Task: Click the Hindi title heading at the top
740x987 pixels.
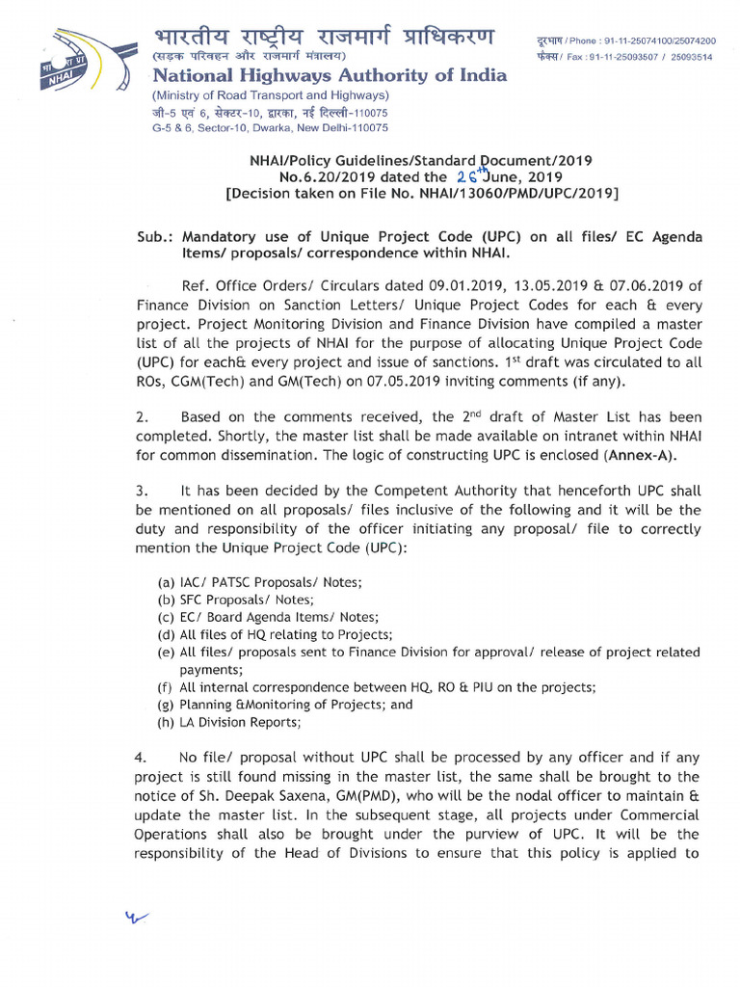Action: pos(324,39)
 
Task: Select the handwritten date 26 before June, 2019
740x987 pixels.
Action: pos(469,176)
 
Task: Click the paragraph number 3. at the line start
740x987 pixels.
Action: pos(140,491)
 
